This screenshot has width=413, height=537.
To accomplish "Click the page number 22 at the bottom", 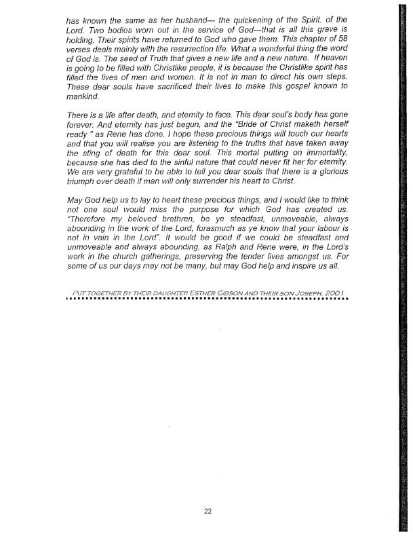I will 208,511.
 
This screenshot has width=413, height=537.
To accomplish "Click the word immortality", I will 320,163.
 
